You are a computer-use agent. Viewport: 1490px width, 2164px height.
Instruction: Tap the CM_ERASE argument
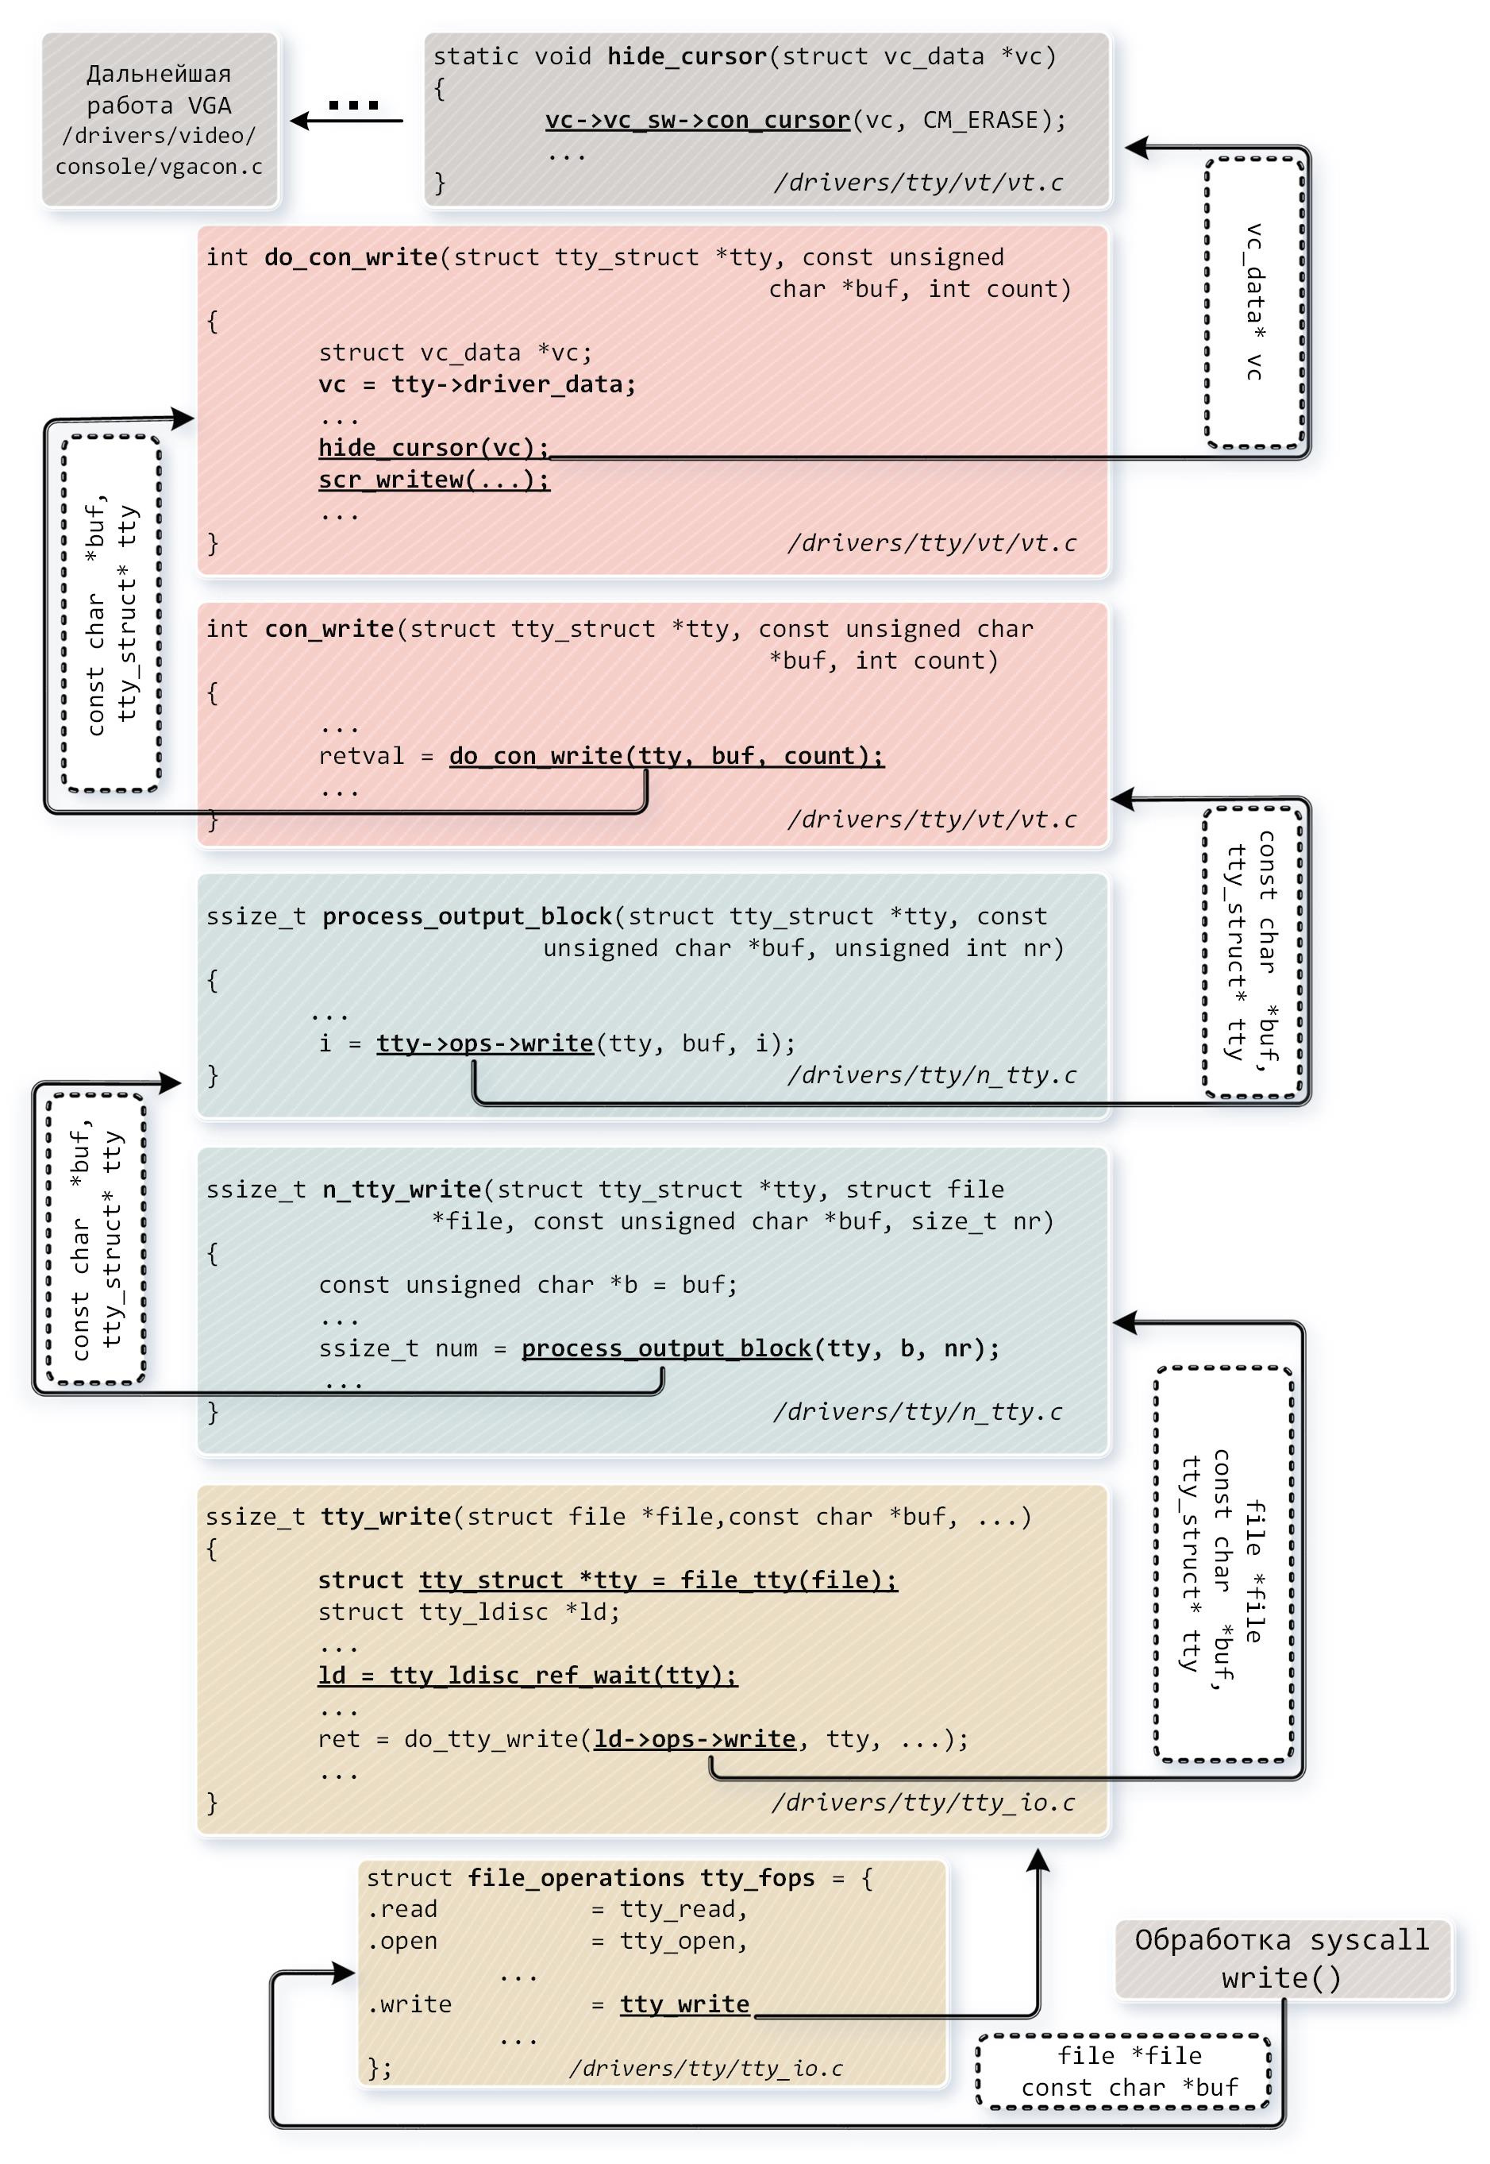pyautogui.click(x=980, y=121)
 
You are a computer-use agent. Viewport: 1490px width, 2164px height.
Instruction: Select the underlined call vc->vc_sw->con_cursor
pyautogui.click(x=698, y=121)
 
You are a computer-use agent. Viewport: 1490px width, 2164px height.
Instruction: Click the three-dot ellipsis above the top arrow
pyautogui.click(x=354, y=105)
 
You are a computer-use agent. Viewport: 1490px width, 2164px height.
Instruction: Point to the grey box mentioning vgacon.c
pyautogui.click(x=160, y=120)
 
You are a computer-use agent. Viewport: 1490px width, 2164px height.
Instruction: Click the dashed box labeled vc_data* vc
pyautogui.click(x=1255, y=302)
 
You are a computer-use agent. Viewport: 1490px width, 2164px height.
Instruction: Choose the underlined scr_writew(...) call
pyautogui.click(x=434, y=480)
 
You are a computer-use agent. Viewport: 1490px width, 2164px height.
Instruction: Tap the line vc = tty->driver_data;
pyautogui.click(x=477, y=385)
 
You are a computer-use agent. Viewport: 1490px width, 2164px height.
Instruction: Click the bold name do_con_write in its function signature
pyautogui.click(x=351, y=258)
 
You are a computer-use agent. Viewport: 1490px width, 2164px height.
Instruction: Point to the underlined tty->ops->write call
pyautogui.click(x=484, y=1043)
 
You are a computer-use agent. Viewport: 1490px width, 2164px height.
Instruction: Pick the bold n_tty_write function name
pyautogui.click(x=402, y=1190)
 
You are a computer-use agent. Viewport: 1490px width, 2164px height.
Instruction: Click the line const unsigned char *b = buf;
pyautogui.click(x=527, y=1285)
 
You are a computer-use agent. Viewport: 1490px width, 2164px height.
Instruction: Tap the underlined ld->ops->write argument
pyautogui.click(x=695, y=1739)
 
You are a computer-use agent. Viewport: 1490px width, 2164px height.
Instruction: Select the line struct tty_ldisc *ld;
pyautogui.click(x=468, y=1612)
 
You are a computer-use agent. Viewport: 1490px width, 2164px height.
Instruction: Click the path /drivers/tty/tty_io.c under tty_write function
pyautogui.click(x=922, y=1803)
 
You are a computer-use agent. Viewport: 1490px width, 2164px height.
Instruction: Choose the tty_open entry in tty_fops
pyautogui.click(x=683, y=1942)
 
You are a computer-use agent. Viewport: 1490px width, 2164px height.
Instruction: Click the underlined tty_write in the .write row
pyautogui.click(x=684, y=2005)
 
